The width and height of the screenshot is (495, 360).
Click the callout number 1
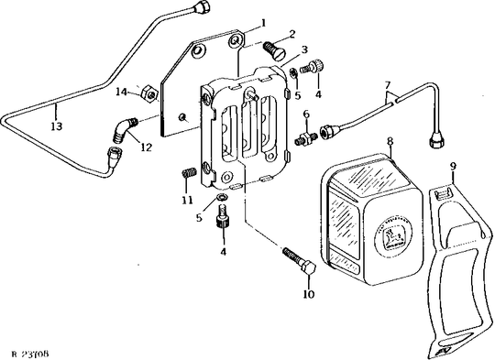tap(263, 21)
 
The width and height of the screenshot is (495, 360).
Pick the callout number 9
tap(453, 167)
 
